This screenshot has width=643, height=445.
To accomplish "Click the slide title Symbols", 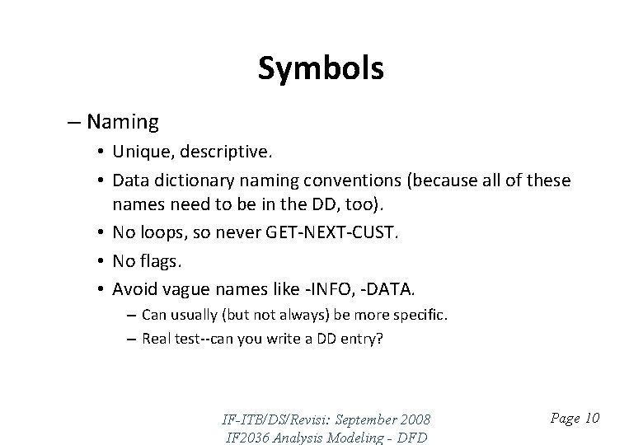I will (321, 69).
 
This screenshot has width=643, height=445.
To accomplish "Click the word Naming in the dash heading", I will (122, 123).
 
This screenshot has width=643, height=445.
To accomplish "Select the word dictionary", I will (182, 180).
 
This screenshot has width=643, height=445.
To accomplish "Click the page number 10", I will (591, 419).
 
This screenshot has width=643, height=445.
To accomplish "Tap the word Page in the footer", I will (564, 419).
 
